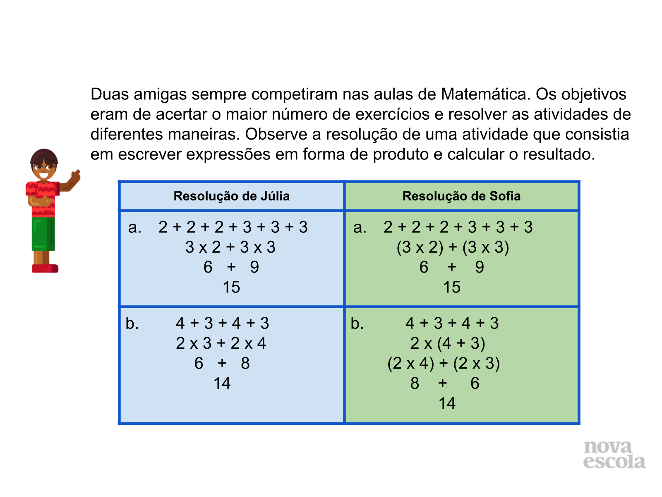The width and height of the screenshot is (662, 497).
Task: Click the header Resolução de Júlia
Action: pyautogui.click(x=231, y=196)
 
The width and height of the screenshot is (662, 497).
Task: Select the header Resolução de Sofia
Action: pyautogui.click(x=461, y=196)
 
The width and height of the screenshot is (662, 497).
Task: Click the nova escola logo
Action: pyautogui.click(x=614, y=455)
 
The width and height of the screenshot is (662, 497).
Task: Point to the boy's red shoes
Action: pyautogui.click(x=45, y=268)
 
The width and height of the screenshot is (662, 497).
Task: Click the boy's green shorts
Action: pyautogui.click(x=43, y=234)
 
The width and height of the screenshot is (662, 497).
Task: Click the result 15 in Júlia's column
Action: pyautogui.click(x=231, y=287)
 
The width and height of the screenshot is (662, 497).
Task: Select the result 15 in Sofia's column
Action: pyautogui.click(x=452, y=287)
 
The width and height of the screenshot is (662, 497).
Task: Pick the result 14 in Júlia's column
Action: pyautogui.click(x=222, y=383)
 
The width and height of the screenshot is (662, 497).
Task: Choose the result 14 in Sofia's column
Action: pyautogui.click(x=447, y=403)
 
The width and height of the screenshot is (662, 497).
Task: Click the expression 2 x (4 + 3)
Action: pyautogui.click(x=448, y=343)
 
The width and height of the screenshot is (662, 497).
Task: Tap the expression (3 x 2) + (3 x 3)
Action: pyautogui.click(x=453, y=247)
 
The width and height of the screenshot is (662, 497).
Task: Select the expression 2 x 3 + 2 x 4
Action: pyautogui.click(x=221, y=343)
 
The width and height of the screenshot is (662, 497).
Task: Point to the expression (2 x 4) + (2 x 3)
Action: pyautogui.click(x=444, y=363)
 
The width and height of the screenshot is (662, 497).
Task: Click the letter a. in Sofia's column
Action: pyautogui.click(x=360, y=227)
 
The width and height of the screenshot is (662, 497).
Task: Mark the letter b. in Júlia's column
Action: pyautogui.click(x=132, y=323)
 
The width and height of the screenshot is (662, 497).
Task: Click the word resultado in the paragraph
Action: pyautogui.click(x=559, y=154)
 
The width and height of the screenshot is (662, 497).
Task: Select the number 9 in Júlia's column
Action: pyautogui.click(x=254, y=267)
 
